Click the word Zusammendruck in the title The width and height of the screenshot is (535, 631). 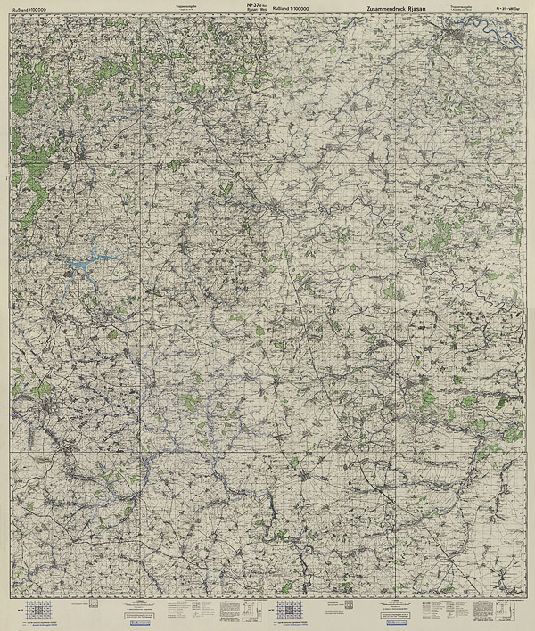pos(382,8)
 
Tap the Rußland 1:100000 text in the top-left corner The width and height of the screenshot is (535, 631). pos(30,9)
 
